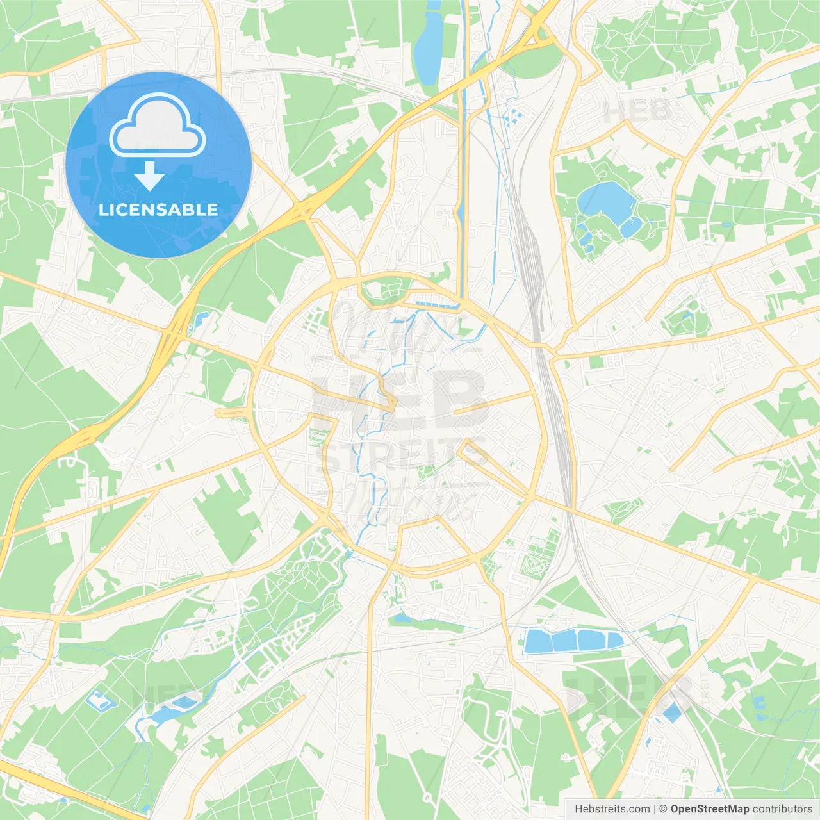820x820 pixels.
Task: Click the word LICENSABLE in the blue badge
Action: [x=158, y=209]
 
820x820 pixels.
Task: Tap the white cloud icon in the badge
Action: [x=158, y=126]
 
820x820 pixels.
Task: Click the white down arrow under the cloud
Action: [x=149, y=177]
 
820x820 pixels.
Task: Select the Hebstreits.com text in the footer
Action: [x=612, y=809]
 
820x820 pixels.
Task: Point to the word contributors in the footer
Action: [x=782, y=809]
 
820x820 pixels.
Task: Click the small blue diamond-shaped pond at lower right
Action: [x=672, y=712]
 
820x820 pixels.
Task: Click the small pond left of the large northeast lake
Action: [x=584, y=234]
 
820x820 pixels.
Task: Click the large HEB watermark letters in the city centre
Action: [x=400, y=400]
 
